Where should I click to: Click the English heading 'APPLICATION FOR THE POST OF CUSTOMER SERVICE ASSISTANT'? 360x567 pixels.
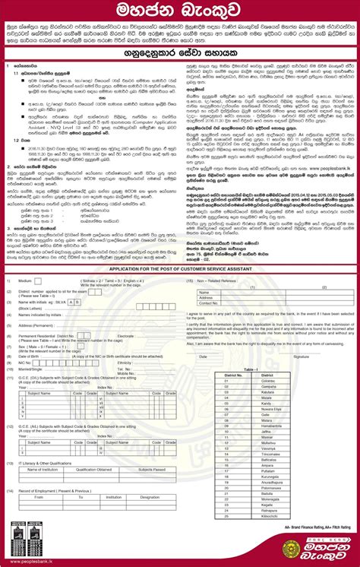point(180,290)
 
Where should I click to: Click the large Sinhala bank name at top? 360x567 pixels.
point(180,13)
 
